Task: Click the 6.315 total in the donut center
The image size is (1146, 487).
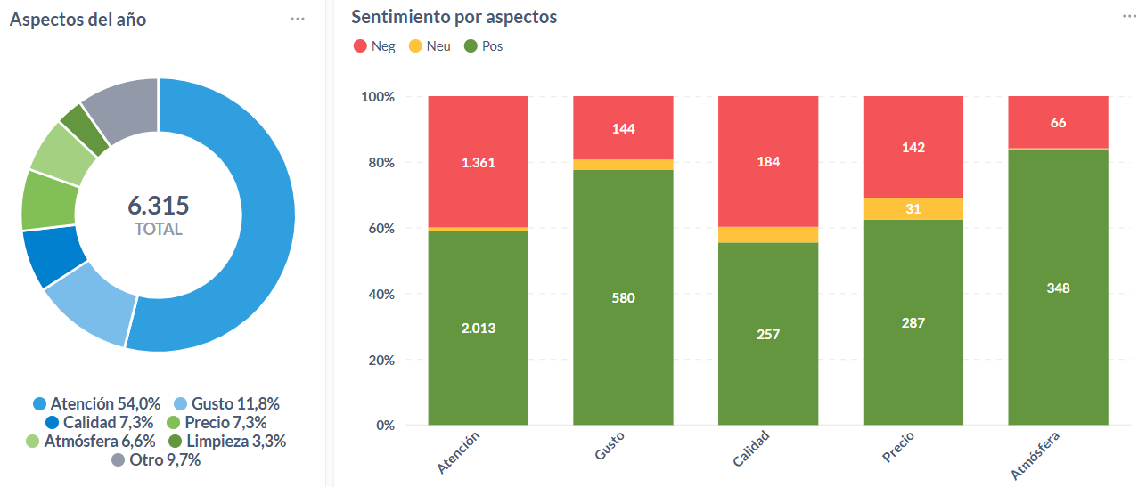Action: [x=159, y=206]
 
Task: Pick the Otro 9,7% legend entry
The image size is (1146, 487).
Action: [x=156, y=460]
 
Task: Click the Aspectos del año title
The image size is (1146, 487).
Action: [x=78, y=19]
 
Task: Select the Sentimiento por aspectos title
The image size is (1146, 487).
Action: [x=454, y=17]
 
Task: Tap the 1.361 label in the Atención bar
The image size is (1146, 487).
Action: [x=479, y=162]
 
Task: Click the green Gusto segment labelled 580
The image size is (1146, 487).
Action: [x=623, y=297]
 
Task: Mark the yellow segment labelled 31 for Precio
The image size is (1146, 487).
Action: [x=913, y=209]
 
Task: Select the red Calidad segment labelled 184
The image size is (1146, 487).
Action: [x=768, y=162]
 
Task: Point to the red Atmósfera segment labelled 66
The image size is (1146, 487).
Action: [x=1058, y=122]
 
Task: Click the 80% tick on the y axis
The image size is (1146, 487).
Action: [x=378, y=163]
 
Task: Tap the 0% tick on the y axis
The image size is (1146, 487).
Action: [x=383, y=425]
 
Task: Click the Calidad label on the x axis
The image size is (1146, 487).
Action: [x=751, y=449]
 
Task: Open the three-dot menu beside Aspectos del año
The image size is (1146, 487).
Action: [x=298, y=19]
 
